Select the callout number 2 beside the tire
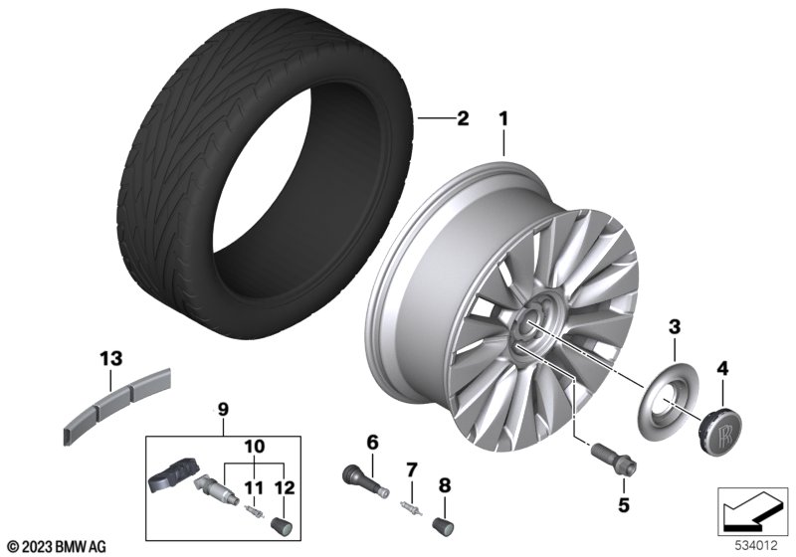[x=463, y=118]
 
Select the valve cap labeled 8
[x=441, y=523]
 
